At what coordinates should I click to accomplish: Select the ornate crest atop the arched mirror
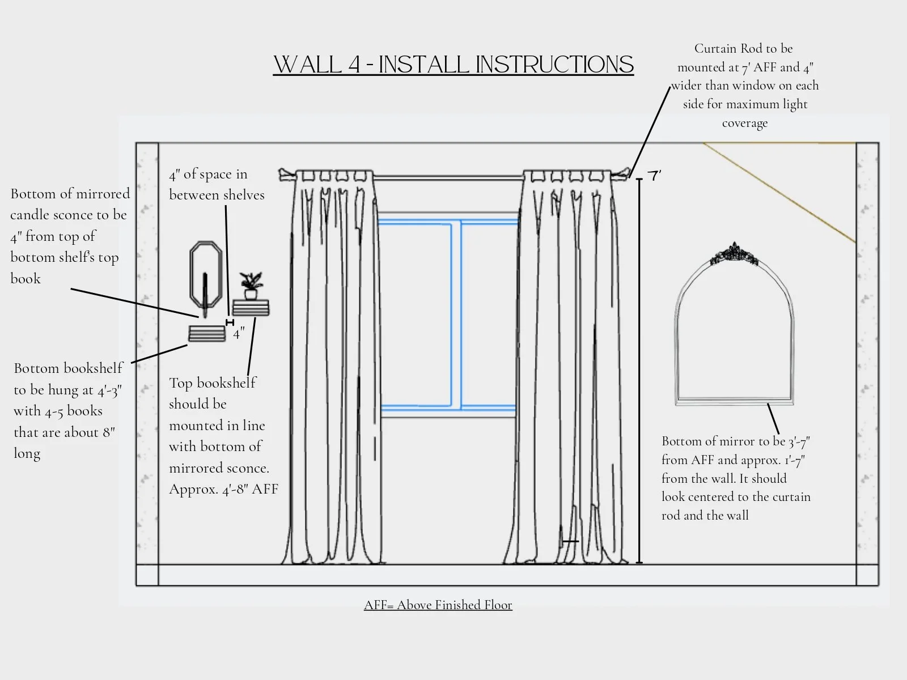735,254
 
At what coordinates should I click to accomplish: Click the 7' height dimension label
655,176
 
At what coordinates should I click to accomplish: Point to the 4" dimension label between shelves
239,334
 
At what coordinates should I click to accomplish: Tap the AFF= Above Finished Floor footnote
438,605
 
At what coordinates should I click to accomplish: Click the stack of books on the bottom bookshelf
207,334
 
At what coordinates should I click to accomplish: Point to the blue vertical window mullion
456,314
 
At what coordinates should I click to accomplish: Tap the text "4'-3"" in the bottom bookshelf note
109,390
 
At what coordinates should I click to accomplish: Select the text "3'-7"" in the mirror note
799,441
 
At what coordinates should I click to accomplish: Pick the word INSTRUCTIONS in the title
554,65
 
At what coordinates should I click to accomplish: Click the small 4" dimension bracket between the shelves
230,322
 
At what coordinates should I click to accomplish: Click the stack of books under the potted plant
251,308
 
